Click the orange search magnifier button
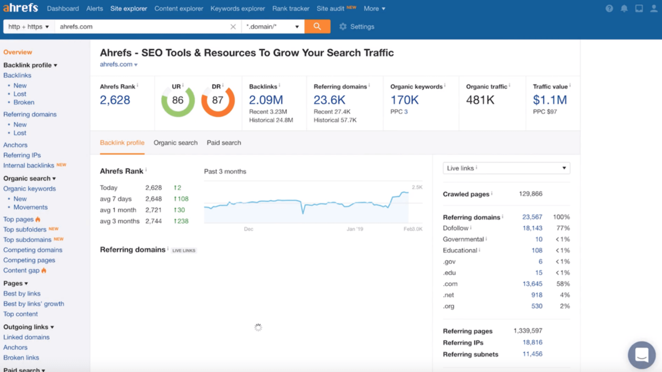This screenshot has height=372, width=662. pos(317,26)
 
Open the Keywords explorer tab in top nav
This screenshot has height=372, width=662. pos(238,9)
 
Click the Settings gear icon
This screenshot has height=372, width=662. pos(343,27)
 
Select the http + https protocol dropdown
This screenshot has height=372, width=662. pos(28,26)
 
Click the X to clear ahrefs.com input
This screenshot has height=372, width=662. pos(233,27)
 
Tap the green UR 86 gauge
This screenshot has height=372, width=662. pos(178,100)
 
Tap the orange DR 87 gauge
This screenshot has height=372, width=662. pos(218,100)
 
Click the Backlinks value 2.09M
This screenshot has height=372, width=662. pos(266,100)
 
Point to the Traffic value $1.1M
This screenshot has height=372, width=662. pos(550,100)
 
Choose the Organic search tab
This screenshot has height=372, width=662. pos(176,143)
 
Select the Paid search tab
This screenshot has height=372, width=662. pos(224,143)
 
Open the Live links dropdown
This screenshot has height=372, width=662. pos(506,168)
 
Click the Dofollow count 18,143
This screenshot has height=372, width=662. pos(532,228)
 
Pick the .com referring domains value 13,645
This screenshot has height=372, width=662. pos(532,284)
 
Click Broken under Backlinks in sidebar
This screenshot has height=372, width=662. pos(24,102)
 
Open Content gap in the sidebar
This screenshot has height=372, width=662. pos(21,271)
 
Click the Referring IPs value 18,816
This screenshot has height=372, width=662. pos(532,342)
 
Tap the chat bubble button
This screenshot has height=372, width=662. pos(642,355)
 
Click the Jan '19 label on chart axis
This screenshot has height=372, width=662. pos(355,229)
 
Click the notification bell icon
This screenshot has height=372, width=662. pos(624,9)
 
